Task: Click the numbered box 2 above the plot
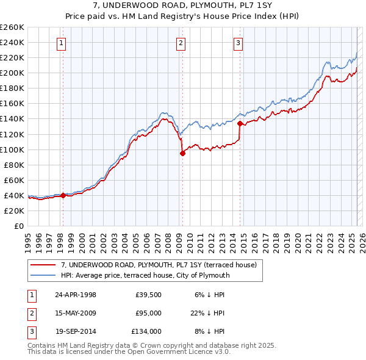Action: pyautogui.click(x=182, y=43)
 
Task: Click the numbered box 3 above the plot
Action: pyautogui.click(x=237, y=43)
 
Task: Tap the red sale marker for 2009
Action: pyautogui.click(x=182, y=154)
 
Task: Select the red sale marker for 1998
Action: pyautogui.click(x=63, y=195)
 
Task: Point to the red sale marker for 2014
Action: pyautogui.click(x=240, y=123)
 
